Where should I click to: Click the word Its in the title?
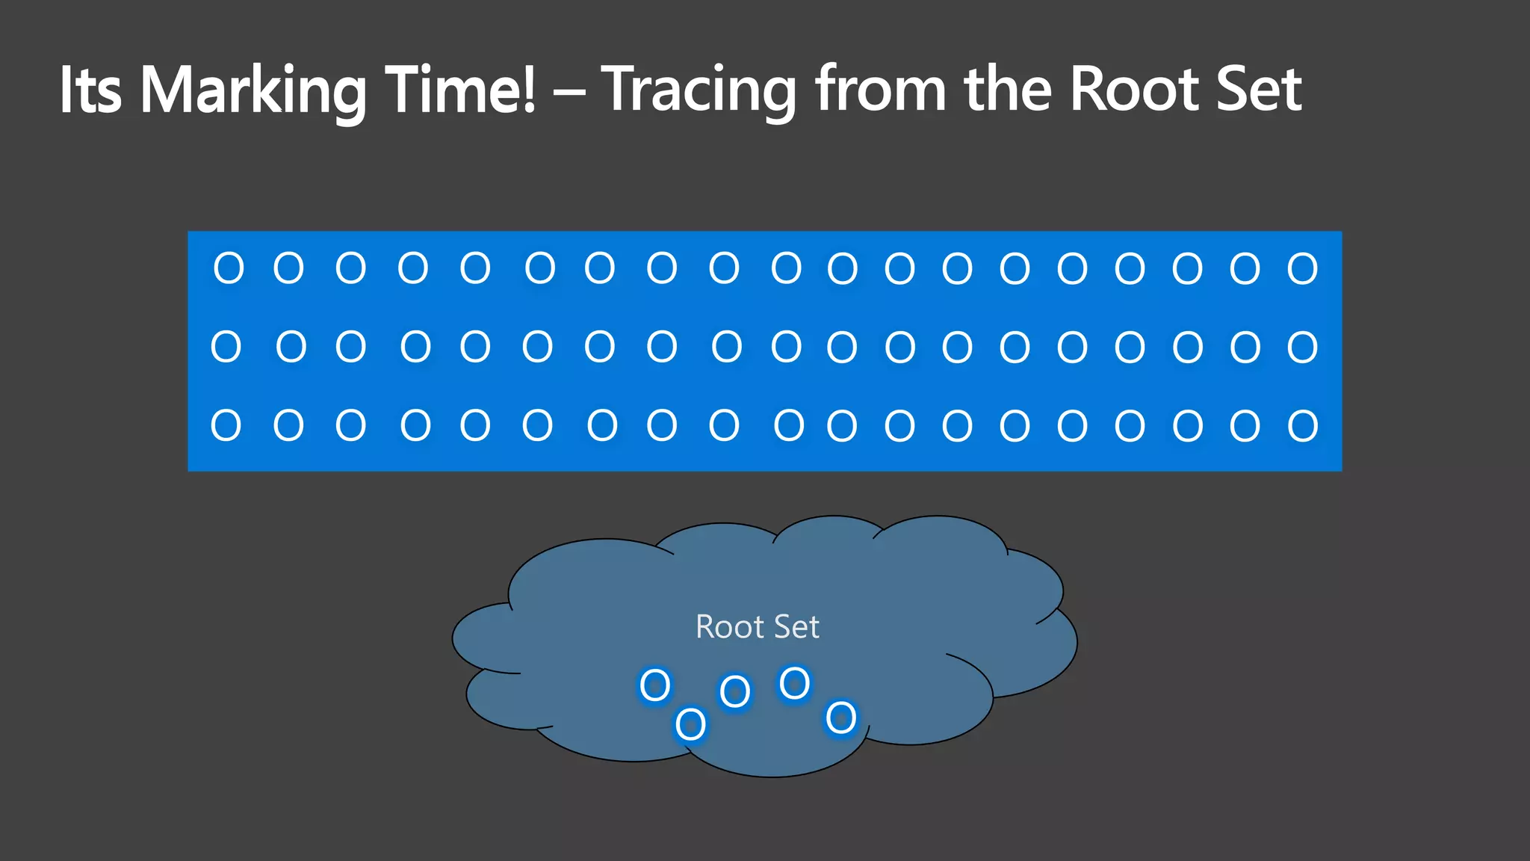tap(90, 90)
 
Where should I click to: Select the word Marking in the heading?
tap(253, 91)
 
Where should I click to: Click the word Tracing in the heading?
tap(699, 91)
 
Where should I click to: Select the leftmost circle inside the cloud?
tap(655, 685)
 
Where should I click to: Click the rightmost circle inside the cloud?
tap(841, 718)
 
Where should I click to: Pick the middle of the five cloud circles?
tap(734, 691)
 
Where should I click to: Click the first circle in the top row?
tap(229, 268)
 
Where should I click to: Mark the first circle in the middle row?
tap(226, 347)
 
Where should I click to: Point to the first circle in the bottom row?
tap(226, 425)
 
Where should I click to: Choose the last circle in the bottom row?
tap(1302, 426)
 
